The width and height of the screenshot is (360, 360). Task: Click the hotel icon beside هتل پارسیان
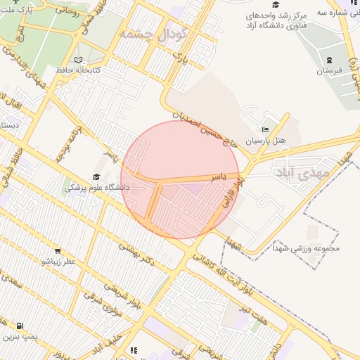click(x=265, y=130)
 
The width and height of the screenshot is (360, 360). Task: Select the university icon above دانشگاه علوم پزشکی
click(x=96, y=177)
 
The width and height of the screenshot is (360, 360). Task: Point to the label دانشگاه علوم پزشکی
click(x=97, y=188)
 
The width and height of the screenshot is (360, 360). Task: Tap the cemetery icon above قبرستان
click(x=328, y=60)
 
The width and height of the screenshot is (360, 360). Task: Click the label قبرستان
click(x=328, y=71)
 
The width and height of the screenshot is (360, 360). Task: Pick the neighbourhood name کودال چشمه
click(x=153, y=34)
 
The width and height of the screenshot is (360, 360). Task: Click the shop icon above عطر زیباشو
click(x=58, y=250)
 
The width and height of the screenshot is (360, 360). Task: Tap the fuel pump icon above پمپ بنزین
click(x=19, y=326)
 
